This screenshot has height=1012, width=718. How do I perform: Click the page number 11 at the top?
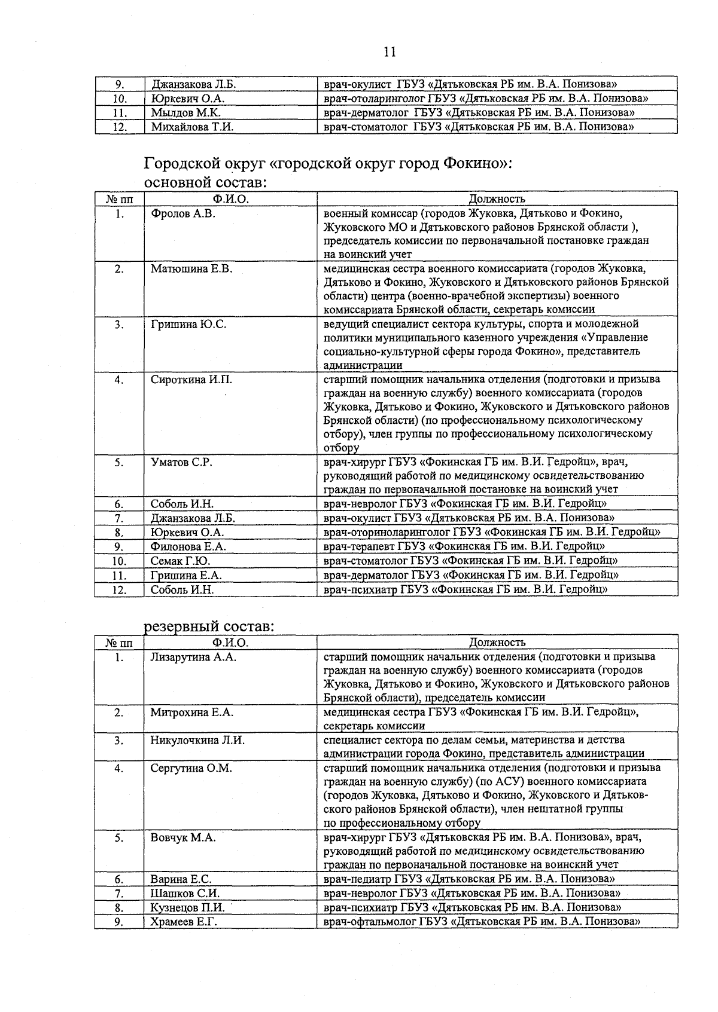point(390,52)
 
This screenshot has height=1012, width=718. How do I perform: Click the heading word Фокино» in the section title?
point(476,163)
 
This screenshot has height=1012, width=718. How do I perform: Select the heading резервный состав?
point(209,627)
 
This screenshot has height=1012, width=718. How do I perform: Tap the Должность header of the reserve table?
point(497,643)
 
